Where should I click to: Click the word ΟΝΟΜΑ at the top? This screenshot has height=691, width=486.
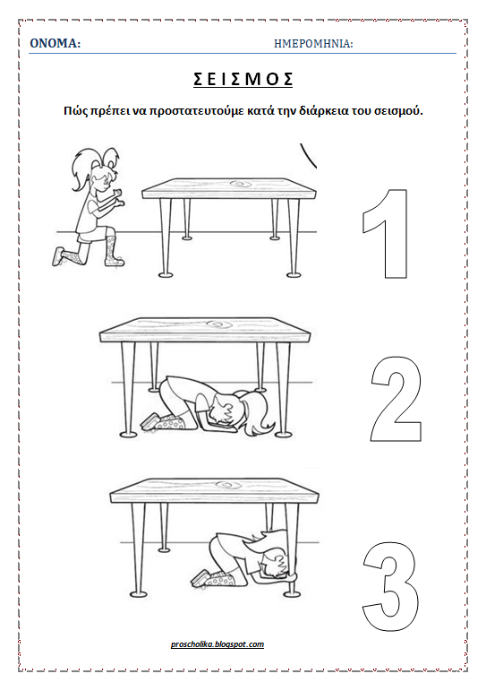click(x=55, y=43)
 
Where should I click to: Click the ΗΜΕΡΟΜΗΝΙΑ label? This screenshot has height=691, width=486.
click(x=312, y=44)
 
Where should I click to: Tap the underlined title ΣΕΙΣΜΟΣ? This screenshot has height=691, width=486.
click(x=243, y=80)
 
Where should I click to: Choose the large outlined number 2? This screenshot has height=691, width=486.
click(x=396, y=399)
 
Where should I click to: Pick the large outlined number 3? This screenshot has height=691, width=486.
click(x=390, y=586)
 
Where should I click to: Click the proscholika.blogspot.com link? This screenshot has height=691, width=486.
click(x=217, y=644)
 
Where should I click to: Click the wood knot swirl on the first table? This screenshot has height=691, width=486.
click(x=240, y=183)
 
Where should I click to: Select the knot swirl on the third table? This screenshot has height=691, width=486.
click(x=228, y=486)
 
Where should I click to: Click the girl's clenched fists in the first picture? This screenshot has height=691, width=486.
click(x=118, y=197)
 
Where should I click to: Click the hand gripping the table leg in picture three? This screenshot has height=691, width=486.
click(x=292, y=574)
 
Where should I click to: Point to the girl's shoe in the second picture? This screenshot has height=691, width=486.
click(x=150, y=420)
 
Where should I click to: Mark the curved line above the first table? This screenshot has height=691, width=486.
click(x=308, y=156)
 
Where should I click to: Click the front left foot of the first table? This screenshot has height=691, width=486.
click(x=166, y=274)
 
